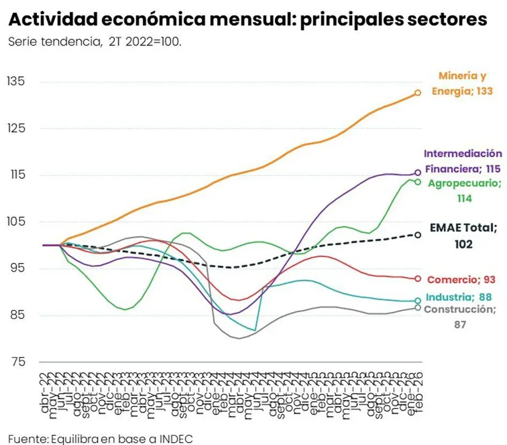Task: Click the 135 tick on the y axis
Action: [16, 82]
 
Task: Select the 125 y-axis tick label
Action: [16, 128]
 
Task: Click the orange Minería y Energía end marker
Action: [417, 93]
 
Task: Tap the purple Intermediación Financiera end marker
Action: [417, 173]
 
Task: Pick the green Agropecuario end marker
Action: [417, 182]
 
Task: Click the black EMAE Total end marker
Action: [417, 235]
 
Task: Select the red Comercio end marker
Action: [417, 279]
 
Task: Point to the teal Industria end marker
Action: [417, 301]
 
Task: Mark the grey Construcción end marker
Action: [417, 308]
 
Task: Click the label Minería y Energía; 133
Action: [462, 84]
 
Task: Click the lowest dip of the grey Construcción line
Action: [238, 338]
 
